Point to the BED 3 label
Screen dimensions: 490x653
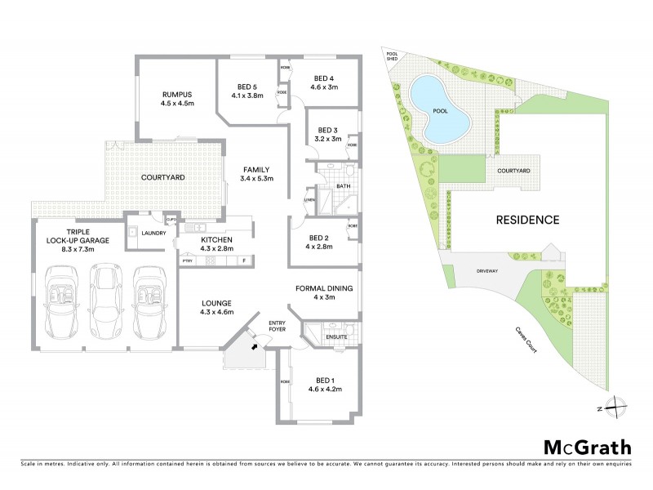tap(327, 130)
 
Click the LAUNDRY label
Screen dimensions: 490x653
tap(153, 234)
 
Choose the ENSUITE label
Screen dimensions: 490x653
tap(337, 336)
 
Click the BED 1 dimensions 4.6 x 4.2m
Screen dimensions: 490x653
tap(324, 390)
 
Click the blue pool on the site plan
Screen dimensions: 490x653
tap(440, 109)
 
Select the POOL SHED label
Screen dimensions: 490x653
tap(393, 54)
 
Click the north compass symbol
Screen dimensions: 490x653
tap(618, 406)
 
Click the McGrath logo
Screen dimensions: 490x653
tap(588, 448)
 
